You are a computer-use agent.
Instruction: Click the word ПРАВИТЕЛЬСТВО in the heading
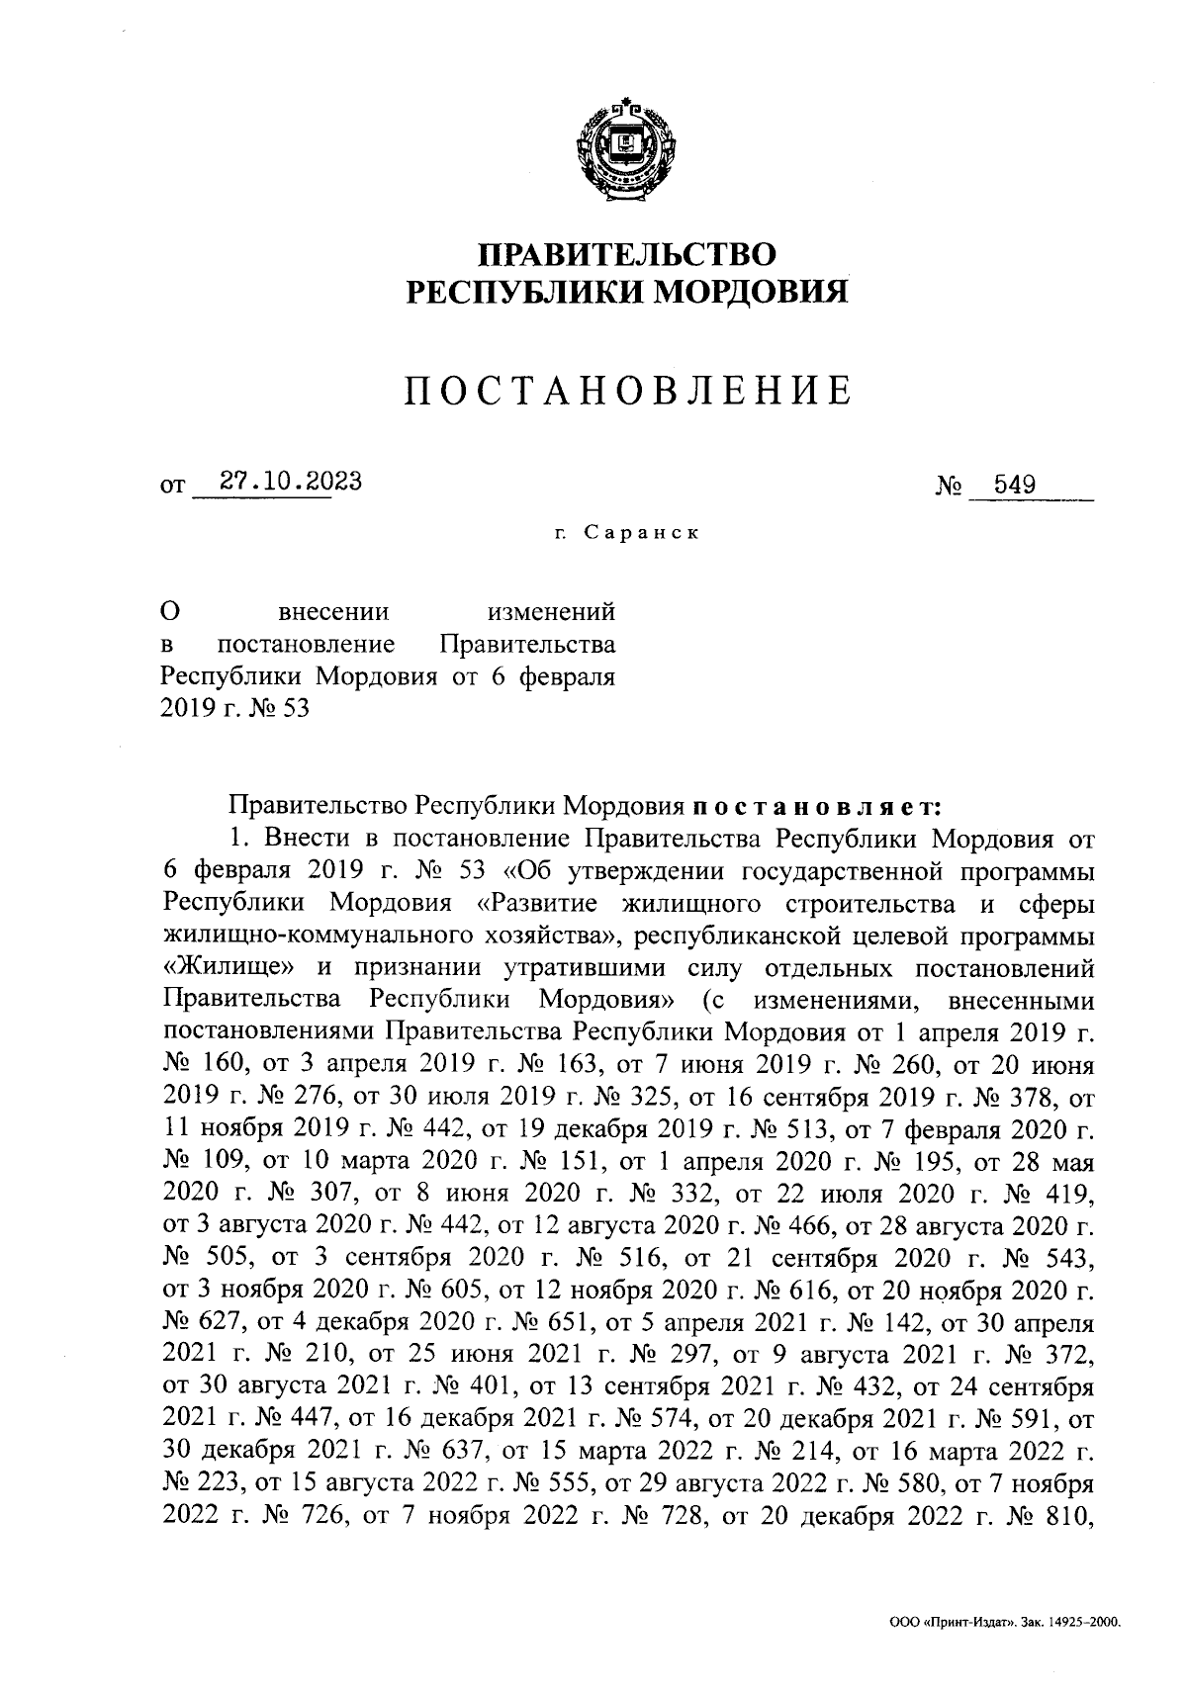click(627, 254)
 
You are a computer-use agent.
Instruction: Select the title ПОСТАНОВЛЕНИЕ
click(627, 393)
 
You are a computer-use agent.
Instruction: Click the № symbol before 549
click(949, 486)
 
